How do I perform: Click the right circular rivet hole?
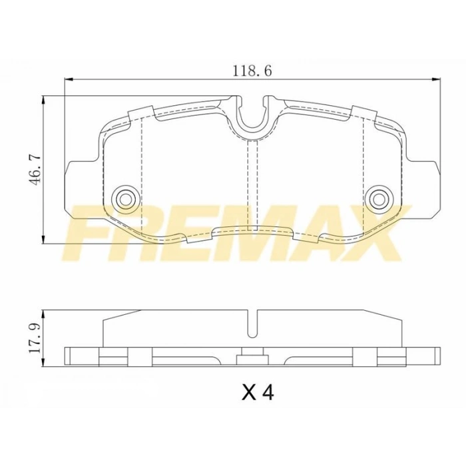(378, 197)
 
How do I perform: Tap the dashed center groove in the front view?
(252, 180)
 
